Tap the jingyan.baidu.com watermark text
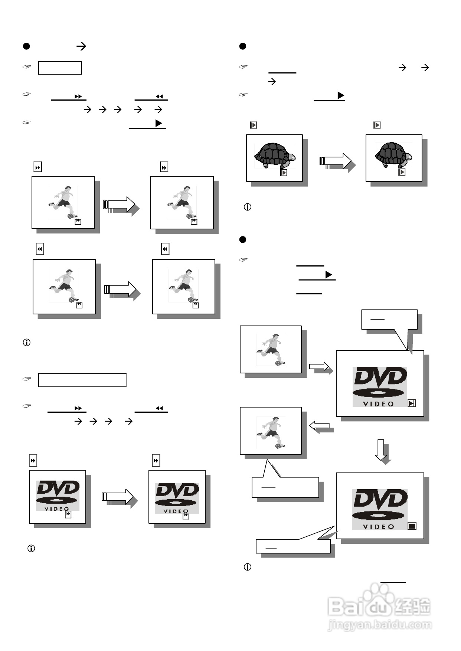point(380,625)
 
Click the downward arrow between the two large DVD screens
point(381,450)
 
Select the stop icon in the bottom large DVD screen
point(412,526)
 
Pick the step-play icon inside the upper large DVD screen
point(411,403)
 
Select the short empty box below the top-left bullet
point(60,68)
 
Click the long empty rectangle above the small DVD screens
point(82,380)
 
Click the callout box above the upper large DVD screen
point(389,319)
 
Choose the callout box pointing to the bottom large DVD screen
point(293,546)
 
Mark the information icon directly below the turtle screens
point(247,207)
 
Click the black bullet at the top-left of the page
point(26,46)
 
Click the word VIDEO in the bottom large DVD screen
point(378,527)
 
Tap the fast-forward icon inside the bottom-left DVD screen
point(68,514)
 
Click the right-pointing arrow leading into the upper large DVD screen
point(319,367)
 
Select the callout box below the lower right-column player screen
point(285,487)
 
